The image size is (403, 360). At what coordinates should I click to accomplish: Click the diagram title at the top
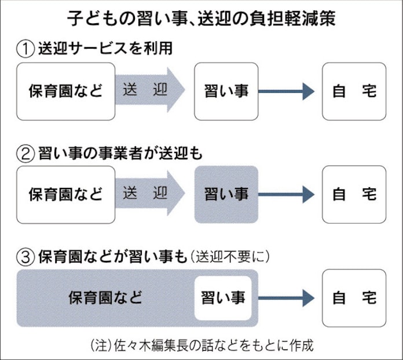[201, 18]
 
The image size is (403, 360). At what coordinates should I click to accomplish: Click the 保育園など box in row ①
[65, 91]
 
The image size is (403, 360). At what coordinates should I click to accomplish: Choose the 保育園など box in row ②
[65, 194]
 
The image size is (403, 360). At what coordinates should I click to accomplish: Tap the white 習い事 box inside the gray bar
[223, 298]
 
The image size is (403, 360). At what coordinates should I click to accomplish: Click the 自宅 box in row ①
[354, 91]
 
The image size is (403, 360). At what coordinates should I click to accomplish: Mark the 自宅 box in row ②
[354, 194]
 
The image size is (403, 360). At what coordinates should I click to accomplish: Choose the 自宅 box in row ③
[354, 298]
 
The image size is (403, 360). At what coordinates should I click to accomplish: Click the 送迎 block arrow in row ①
[149, 91]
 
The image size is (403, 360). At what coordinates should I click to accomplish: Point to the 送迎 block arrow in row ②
[149, 194]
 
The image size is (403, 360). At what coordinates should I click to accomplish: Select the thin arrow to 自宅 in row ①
[286, 91]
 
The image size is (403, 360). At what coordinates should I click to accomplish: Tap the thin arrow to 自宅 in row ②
[286, 194]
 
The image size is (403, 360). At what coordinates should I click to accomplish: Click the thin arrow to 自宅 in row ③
[286, 298]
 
